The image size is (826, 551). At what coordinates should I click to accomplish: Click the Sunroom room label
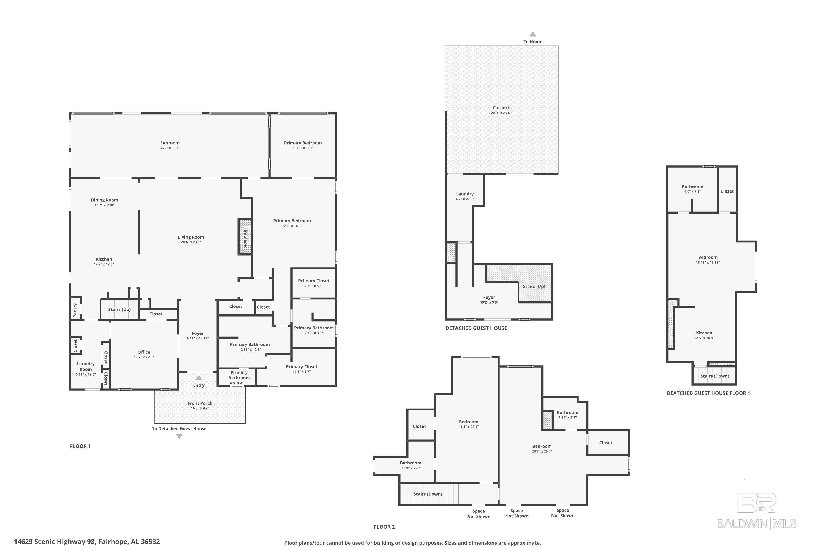pos(170,143)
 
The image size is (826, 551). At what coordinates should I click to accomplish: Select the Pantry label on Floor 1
pos(75,310)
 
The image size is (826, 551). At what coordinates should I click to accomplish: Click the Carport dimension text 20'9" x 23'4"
pos(501,113)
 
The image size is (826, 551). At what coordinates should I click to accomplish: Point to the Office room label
pos(144,352)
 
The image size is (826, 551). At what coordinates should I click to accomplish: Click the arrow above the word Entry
pos(199,378)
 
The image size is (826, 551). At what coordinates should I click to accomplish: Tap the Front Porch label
pos(200,403)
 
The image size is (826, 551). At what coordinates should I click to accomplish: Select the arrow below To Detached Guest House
pos(179,436)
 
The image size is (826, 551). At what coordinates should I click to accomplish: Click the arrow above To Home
pos(533,34)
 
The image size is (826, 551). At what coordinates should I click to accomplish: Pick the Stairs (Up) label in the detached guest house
pos(534,287)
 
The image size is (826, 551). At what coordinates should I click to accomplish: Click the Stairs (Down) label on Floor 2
pos(427,494)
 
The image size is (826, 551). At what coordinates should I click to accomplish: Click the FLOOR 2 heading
pos(384,527)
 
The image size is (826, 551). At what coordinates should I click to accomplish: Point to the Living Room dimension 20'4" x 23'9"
pos(191,242)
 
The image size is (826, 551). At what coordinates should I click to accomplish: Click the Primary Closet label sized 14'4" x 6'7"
pos(301,366)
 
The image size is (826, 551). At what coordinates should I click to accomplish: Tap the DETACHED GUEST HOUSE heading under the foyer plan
pos(476,328)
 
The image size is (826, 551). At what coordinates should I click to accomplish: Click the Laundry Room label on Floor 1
pos(85,366)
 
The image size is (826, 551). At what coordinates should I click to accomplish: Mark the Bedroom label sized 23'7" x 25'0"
pos(542,446)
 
